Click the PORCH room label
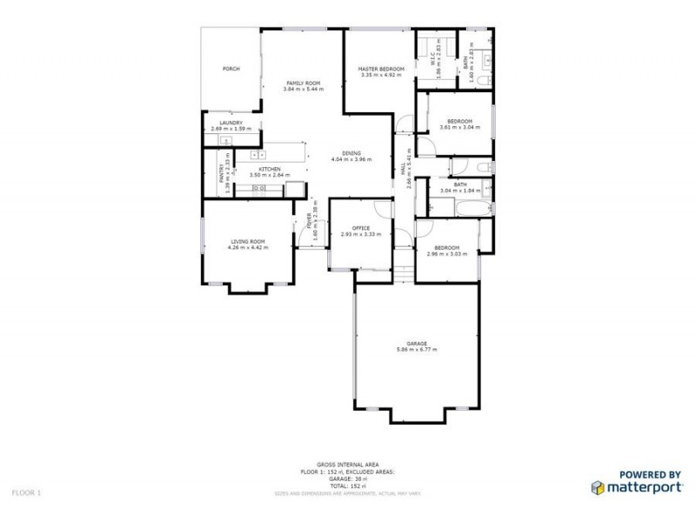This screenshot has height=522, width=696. (231, 69)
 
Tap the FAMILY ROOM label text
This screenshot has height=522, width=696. (303, 83)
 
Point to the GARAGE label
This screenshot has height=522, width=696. (417, 344)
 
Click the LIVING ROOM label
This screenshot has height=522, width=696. (248, 241)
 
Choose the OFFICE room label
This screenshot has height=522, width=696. (361, 228)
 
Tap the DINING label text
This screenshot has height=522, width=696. (351, 153)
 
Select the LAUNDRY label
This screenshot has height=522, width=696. (231, 123)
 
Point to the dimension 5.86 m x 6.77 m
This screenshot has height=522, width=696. (417, 350)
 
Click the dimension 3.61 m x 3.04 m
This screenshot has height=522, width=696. (459, 127)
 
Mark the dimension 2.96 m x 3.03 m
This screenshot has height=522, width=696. (447, 254)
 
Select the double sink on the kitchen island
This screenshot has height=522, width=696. (258, 155)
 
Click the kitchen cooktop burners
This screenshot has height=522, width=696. (258, 188)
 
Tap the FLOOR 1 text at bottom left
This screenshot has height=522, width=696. (26, 492)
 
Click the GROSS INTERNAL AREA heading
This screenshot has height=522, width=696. (347, 465)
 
